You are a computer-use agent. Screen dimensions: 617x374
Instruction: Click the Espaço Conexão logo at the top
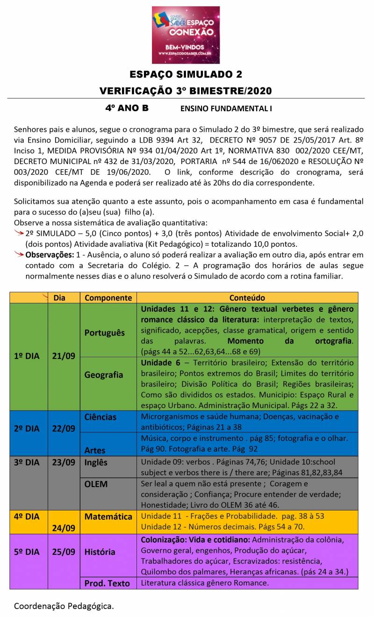point(186,35)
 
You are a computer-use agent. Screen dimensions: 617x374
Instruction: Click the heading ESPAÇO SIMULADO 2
point(186,75)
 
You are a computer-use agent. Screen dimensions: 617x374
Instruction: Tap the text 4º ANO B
point(127,108)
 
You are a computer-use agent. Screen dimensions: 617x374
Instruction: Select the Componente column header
point(108,298)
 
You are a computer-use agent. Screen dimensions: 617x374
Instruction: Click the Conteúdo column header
point(247,298)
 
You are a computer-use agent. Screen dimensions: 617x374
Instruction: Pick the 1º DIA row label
point(26,356)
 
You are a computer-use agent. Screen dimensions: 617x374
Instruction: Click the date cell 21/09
point(64,356)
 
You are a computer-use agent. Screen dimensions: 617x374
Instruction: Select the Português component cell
point(105,332)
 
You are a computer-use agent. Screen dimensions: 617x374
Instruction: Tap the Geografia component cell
point(104,374)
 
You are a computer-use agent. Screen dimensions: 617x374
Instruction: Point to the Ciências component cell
point(101,416)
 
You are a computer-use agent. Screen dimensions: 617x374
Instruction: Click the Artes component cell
point(95,450)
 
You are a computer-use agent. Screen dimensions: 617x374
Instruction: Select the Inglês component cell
point(96,462)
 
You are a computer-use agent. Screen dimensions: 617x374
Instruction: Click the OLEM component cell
point(96,484)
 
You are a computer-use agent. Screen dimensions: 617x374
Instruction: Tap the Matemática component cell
point(108,517)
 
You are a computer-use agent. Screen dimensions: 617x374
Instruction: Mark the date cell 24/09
point(64,528)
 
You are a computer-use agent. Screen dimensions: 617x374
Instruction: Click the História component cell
point(100,552)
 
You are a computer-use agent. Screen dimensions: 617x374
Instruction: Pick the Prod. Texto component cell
point(107,583)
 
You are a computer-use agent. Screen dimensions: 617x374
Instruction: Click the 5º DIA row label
point(26,552)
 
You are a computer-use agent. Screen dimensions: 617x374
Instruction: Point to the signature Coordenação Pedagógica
point(64,606)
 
